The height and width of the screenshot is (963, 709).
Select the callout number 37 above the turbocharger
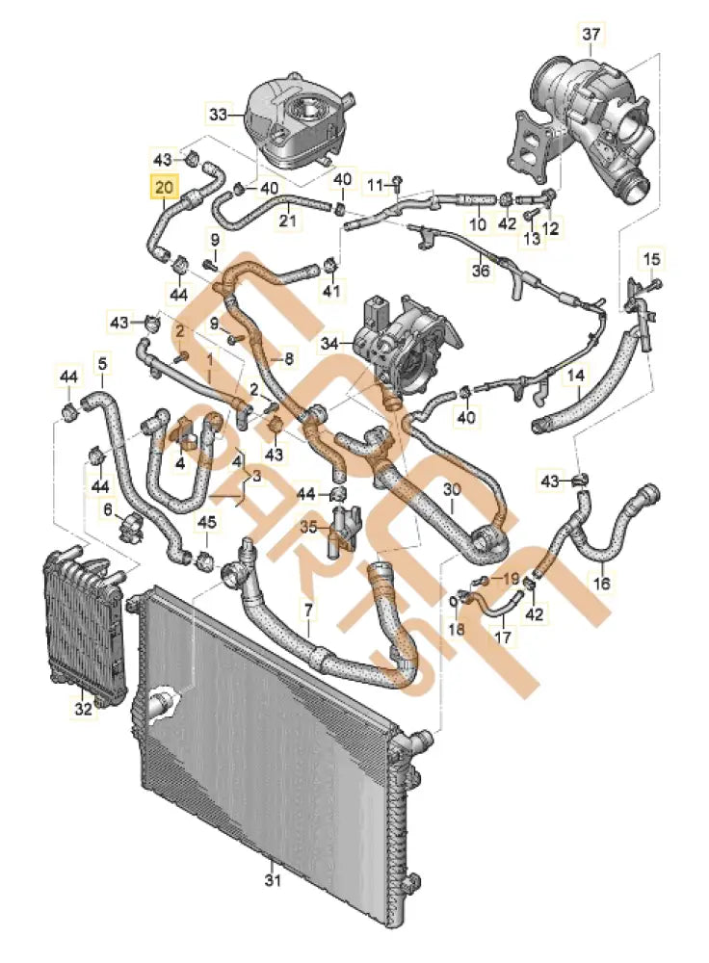[x=591, y=36]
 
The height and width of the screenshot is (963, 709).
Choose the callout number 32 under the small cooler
[x=84, y=710]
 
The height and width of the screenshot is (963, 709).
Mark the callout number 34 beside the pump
[x=331, y=342]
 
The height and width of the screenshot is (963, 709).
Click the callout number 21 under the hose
[x=287, y=221]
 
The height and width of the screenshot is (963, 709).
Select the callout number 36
[x=482, y=271]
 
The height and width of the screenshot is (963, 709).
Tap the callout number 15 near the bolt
[x=652, y=258]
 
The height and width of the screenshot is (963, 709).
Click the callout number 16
[x=601, y=583]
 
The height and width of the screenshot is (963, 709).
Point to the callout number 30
[x=453, y=490]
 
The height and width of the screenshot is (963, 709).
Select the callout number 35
[x=308, y=528]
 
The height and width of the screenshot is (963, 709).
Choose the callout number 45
[x=207, y=523]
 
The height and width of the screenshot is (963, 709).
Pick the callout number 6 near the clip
[x=108, y=508]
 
